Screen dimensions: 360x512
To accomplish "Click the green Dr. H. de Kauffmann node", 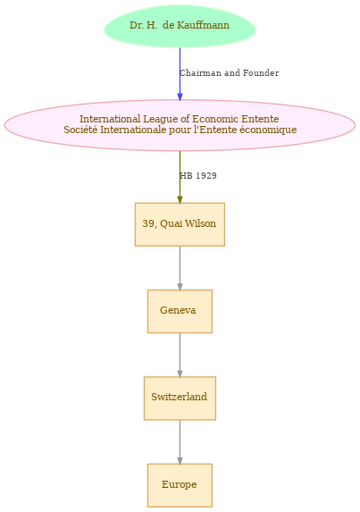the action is tap(180, 26).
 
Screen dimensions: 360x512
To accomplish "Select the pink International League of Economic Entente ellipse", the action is tap(180, 125).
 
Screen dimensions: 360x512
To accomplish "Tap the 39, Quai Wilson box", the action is tap(180, 224).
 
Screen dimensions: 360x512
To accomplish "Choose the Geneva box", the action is tap(180, 311).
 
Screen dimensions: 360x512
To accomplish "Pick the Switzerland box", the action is tap(180, 398).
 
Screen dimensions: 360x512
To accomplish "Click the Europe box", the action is tap(180, 485).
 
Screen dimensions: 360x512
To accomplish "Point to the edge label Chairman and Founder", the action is tap(229, 72).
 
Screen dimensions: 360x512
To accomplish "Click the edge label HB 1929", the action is tap(198, 176).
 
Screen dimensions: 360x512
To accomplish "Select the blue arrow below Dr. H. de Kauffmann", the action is tap(180, 74).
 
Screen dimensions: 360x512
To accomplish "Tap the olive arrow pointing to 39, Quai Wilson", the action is tap(180, 177).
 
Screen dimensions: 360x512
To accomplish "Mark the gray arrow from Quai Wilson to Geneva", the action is tap(180, 268).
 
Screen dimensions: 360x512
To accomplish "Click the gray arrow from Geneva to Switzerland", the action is tap(180, 355).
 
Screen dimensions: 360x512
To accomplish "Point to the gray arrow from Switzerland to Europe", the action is tap(180, 441).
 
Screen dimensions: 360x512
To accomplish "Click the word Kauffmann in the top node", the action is tap(196, 25).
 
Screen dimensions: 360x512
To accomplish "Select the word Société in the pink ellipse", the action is tap(80, 130).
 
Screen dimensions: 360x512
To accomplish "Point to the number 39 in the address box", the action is tap(148, 223).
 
